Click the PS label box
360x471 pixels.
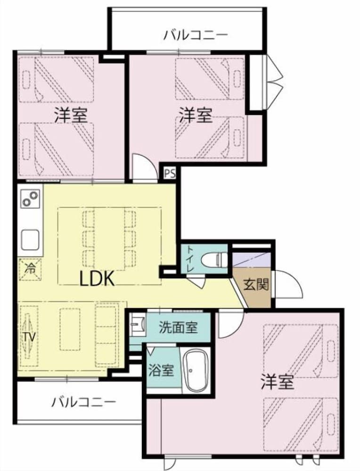170,173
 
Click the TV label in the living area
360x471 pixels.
30,337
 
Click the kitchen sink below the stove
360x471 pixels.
31,240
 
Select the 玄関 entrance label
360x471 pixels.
256,284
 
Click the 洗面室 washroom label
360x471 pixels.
178,327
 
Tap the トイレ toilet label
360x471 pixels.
190,259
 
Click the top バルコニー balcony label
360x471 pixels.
196,35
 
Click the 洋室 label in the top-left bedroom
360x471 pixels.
71,115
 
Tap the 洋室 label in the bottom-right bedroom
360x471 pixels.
277,382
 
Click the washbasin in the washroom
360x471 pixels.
137,324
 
